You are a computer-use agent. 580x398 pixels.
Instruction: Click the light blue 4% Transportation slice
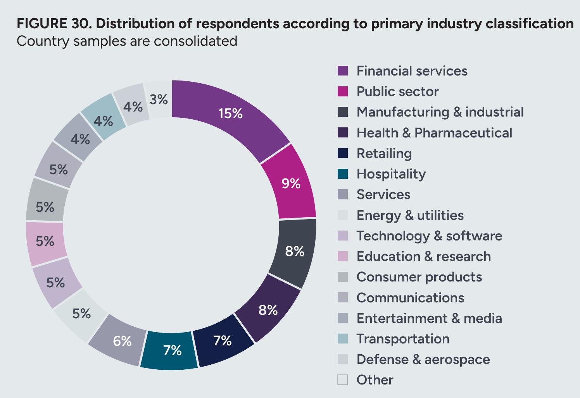pyautogui.click(x=104, y=118)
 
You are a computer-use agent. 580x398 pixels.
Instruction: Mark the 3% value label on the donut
pyautogui.click(x=159, y=99)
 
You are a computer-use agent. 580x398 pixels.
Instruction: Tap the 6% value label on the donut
pyautogui.click(x=122, y=341)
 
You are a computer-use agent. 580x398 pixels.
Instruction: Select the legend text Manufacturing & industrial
pyautogui.click(x=440, y=112)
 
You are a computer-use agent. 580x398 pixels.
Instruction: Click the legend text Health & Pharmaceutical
pyautogui.click(x=434, y=133)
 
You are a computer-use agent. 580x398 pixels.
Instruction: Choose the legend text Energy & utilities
pyautogui.click(x=410, y=215)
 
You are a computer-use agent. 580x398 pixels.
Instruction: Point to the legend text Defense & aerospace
pyautogui.click(x=423, y=359)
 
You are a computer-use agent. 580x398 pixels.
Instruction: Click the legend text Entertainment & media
pyautogui.click(x=429, y=318)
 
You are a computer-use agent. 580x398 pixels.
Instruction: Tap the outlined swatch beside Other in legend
pyautogui.click(x=343, y=380)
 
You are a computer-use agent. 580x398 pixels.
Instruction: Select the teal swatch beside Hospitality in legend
pyautogui.click(x=343, y=174)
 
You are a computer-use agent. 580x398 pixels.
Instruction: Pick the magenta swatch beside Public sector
pyautogui.click(x=343, y=91)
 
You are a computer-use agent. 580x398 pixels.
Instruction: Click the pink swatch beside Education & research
pyautogui.click(x=343, y=256)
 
